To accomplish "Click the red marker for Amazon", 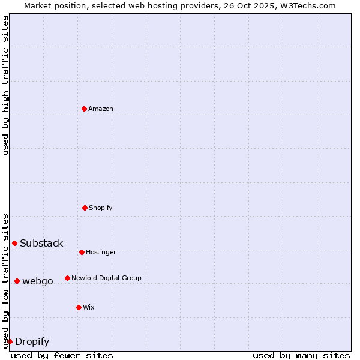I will (84, 109).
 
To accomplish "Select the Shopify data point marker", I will (85, 208).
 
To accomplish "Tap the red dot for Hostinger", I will (82, 252).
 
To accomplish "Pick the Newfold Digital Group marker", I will (67, 278).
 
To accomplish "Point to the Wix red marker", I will (79, 307).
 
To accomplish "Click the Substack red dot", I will (14, 243).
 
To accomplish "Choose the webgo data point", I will (17, 281).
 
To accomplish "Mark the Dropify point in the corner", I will (10, 341).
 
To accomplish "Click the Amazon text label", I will (101, 109).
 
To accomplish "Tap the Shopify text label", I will (101, 208).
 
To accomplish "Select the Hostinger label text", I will (101, 252).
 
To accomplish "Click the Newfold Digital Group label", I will (106, 278).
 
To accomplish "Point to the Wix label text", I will (89, 307).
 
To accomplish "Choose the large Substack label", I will (41, 243).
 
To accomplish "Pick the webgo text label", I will (38, 281).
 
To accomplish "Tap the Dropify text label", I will (32, 341).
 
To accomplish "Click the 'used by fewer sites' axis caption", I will (62, 355).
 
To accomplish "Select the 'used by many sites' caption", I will (301, 355).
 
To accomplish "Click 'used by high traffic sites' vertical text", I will (5, 85).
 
